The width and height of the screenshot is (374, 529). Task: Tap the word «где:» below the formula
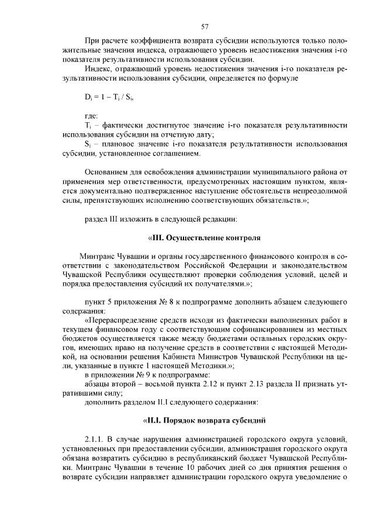coord(92,116)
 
